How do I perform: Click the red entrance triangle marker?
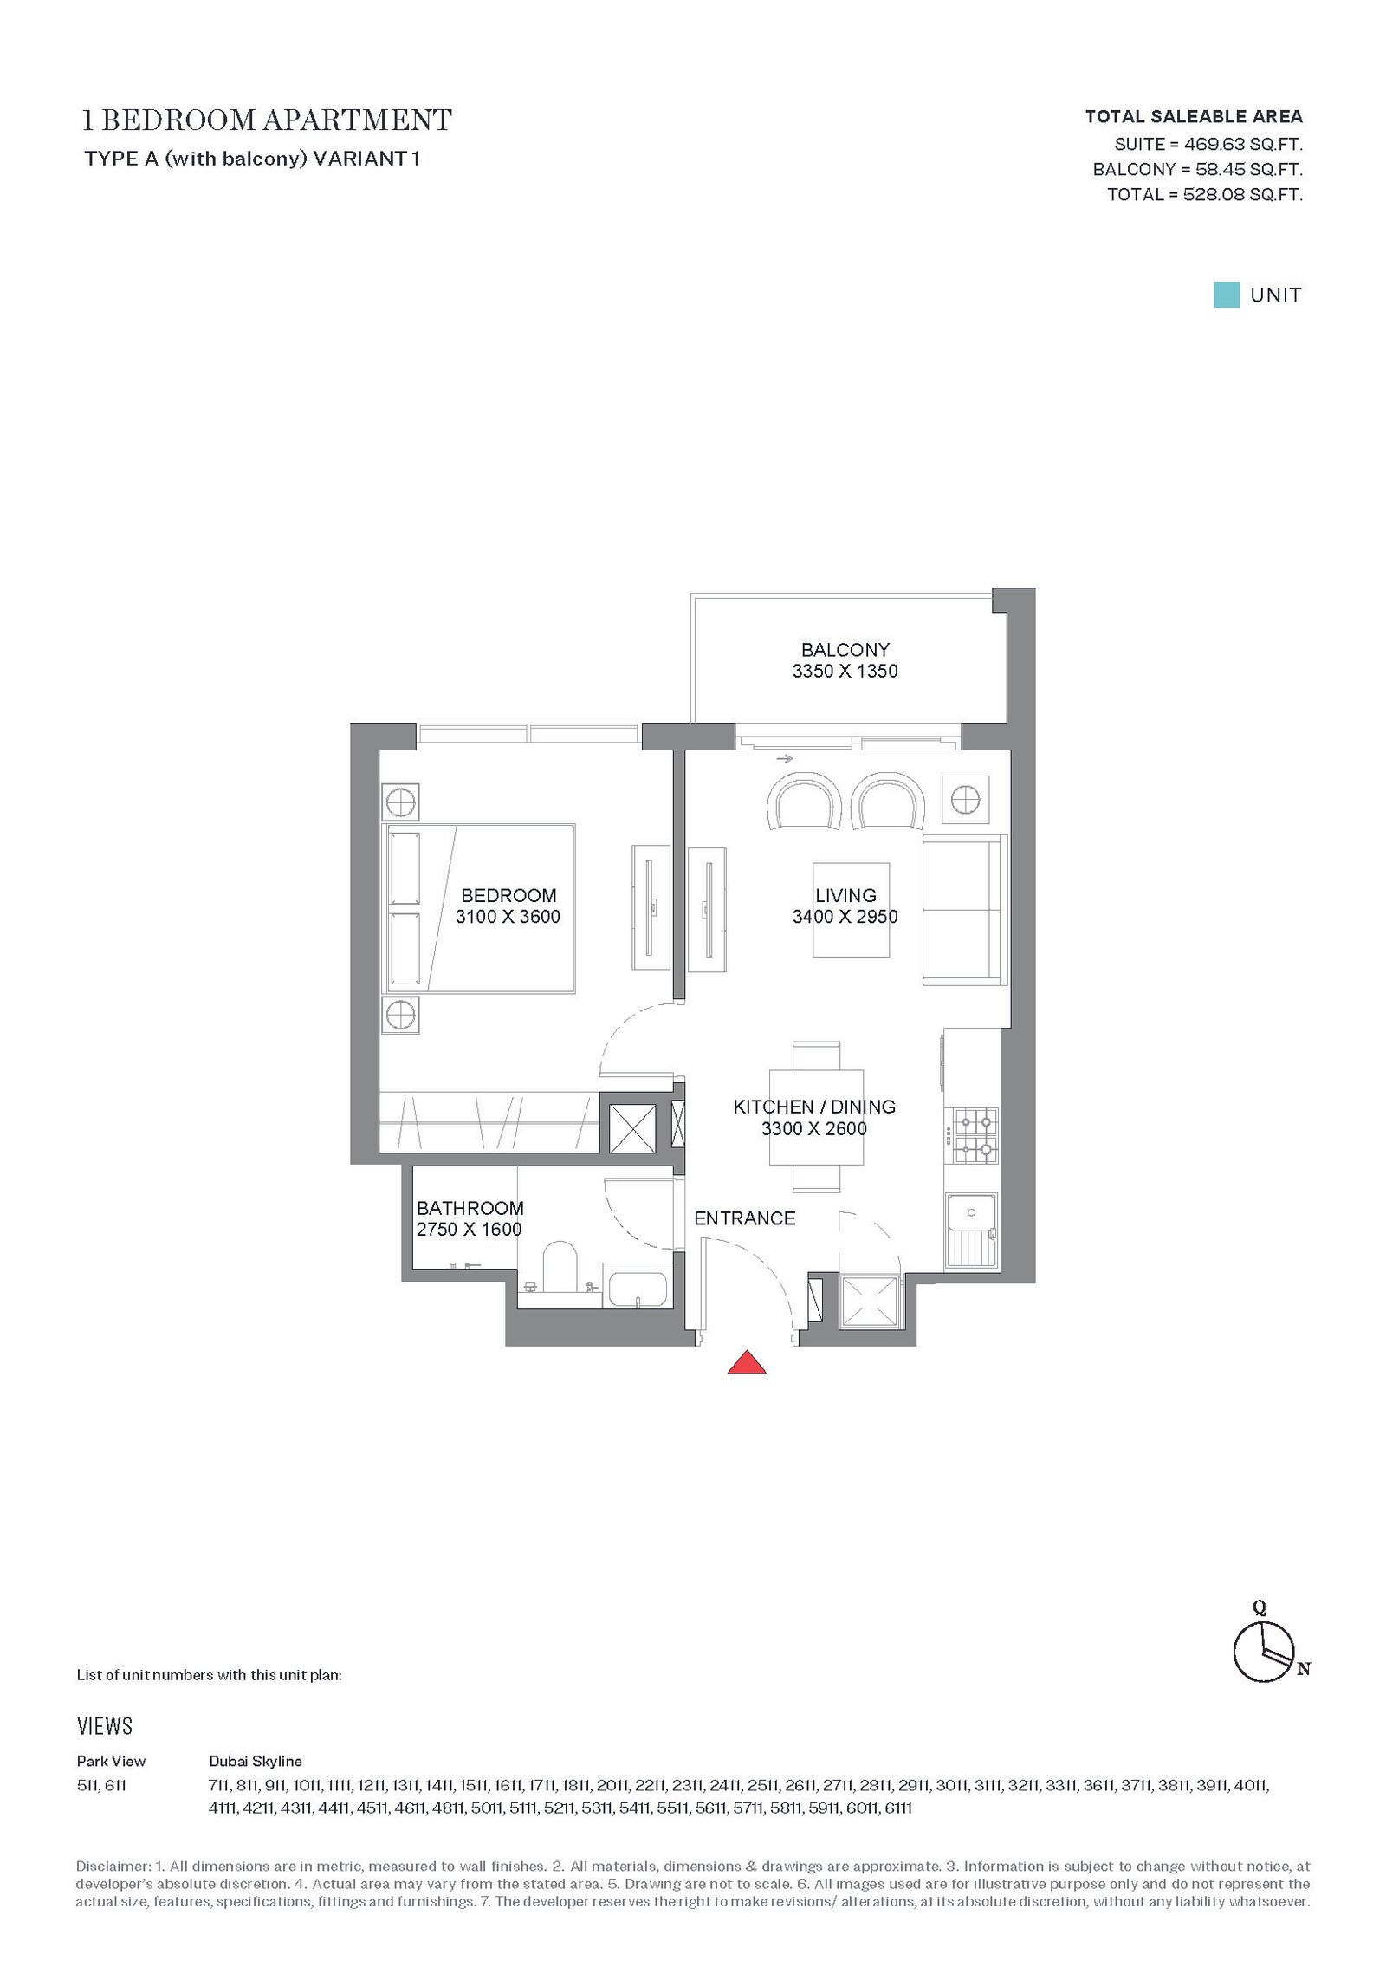point(747,1362)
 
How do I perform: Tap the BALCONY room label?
point(845,650)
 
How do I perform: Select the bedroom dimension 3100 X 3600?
point(508,917)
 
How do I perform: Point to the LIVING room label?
point(845,896)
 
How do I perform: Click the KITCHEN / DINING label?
point(814,1107)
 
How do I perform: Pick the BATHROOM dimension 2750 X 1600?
point(470,1229)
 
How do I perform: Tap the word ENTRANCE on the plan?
point(745,1218)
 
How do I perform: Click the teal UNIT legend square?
point(1227,295)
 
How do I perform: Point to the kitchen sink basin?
point(972,1212)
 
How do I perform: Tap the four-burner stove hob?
point(975,1137)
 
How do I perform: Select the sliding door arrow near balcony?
point(785,759)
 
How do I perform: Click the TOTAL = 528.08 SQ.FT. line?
point(1204,195)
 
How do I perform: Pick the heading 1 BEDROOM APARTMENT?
point(267,120)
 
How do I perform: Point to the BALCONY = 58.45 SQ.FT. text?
point(1197,170)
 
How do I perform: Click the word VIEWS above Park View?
point(105,1725)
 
